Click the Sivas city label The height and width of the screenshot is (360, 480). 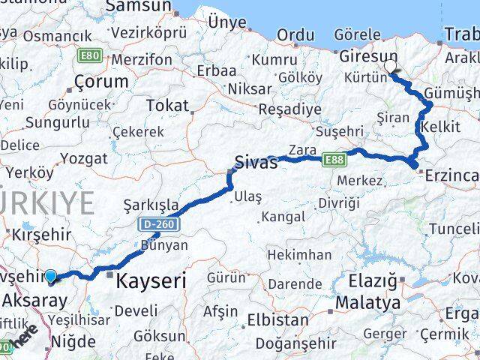[x=256, y=162]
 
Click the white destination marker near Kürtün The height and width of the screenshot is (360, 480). [x=391, y=67]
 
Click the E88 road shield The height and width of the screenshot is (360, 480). [x=334, y=159]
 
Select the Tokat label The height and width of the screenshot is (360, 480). [x=166, y=105]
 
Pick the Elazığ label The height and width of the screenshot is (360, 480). [x=372, y=282]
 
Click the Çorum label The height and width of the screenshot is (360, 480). [x=97, y=80]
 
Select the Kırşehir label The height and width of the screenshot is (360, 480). [x=42, y=234]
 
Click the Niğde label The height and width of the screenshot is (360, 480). [x=73, y=342]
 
